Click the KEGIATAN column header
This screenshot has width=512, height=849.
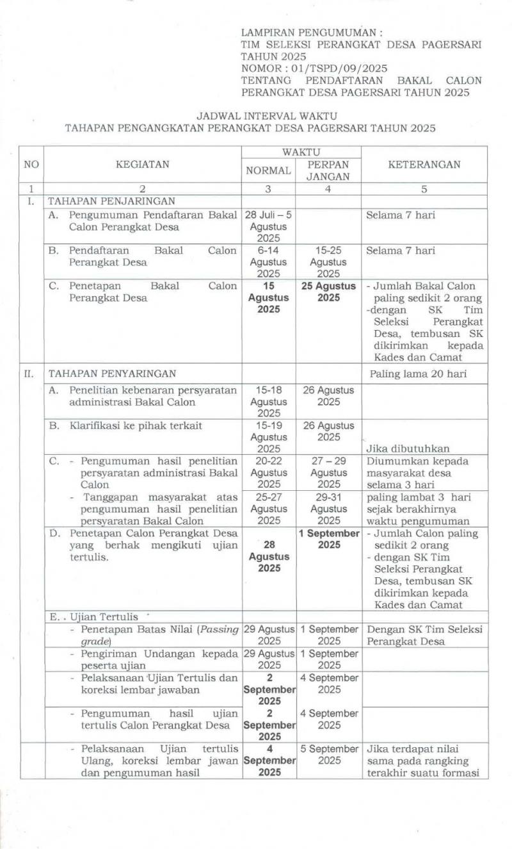(x=143, y=164)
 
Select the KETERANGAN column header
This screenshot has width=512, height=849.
(x=424, y=164)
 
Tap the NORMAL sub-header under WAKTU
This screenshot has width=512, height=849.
(x=268, y=170)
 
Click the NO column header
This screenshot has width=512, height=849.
(x=31, y=164)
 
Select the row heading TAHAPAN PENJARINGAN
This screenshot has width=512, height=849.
(x=103, y=201)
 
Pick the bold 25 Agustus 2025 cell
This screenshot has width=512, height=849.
(x=328, y=292)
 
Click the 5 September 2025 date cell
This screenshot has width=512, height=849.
(x=329, y=754)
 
